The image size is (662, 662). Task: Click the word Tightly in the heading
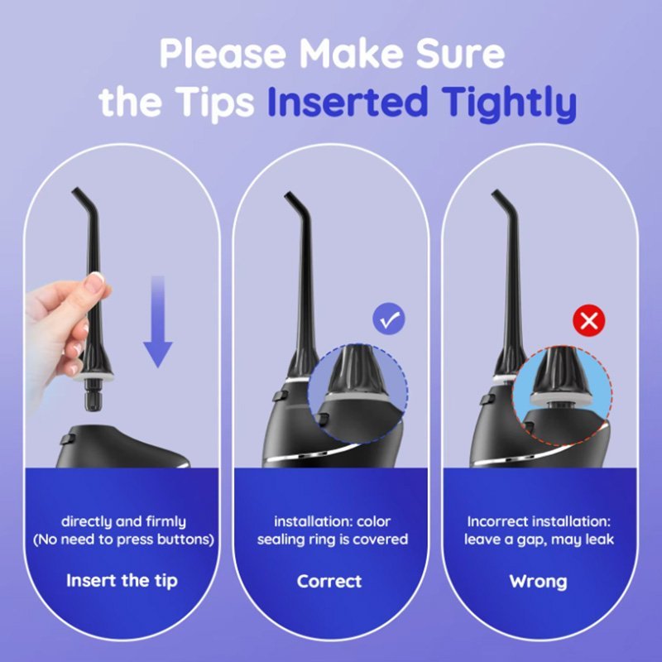pos(511,103)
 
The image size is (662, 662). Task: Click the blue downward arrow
pos(157,321)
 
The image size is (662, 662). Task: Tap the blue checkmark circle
pos(388,319)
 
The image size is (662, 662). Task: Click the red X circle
pos(589,320)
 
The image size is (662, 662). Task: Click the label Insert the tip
pos(122,581)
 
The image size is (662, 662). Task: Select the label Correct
pos(329,582)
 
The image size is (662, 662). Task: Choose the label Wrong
pos(539,582)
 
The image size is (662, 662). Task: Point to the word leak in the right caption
pos(599,540)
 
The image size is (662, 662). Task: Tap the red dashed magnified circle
pos(562,396)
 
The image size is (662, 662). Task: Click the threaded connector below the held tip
pos(93,396)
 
